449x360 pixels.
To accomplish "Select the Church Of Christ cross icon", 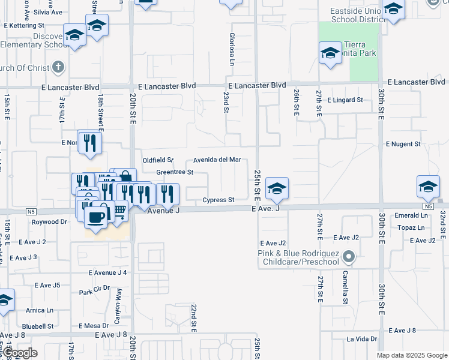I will point(58,67).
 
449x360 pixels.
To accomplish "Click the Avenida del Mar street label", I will point(217,160).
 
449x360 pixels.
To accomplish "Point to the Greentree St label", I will point(174,172).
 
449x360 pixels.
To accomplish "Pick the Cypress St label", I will point(217,200).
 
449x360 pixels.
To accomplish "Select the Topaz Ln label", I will point(412,228).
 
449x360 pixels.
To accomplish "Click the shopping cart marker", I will point(119,210).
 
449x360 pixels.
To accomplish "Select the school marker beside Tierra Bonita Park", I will point(330,53).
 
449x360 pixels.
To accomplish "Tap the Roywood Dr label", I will point(49,221).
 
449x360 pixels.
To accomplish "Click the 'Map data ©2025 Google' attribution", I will point(412,355).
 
